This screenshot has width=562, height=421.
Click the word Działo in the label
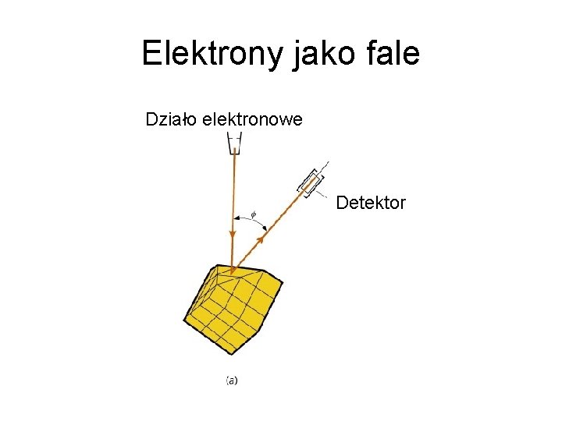pos(171,120)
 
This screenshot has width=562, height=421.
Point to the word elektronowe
pos(252,120)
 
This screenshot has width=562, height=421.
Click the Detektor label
pos(371,203)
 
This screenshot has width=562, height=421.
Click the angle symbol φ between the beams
pos(252,213)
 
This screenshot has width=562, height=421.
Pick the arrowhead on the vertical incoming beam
pos(233,235)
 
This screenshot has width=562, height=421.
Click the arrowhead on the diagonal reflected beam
pos(261,239)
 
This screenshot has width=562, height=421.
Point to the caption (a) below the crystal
pos(232,380)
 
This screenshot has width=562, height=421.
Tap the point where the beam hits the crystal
pos(233,273)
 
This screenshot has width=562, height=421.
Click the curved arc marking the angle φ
pos(251,222)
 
